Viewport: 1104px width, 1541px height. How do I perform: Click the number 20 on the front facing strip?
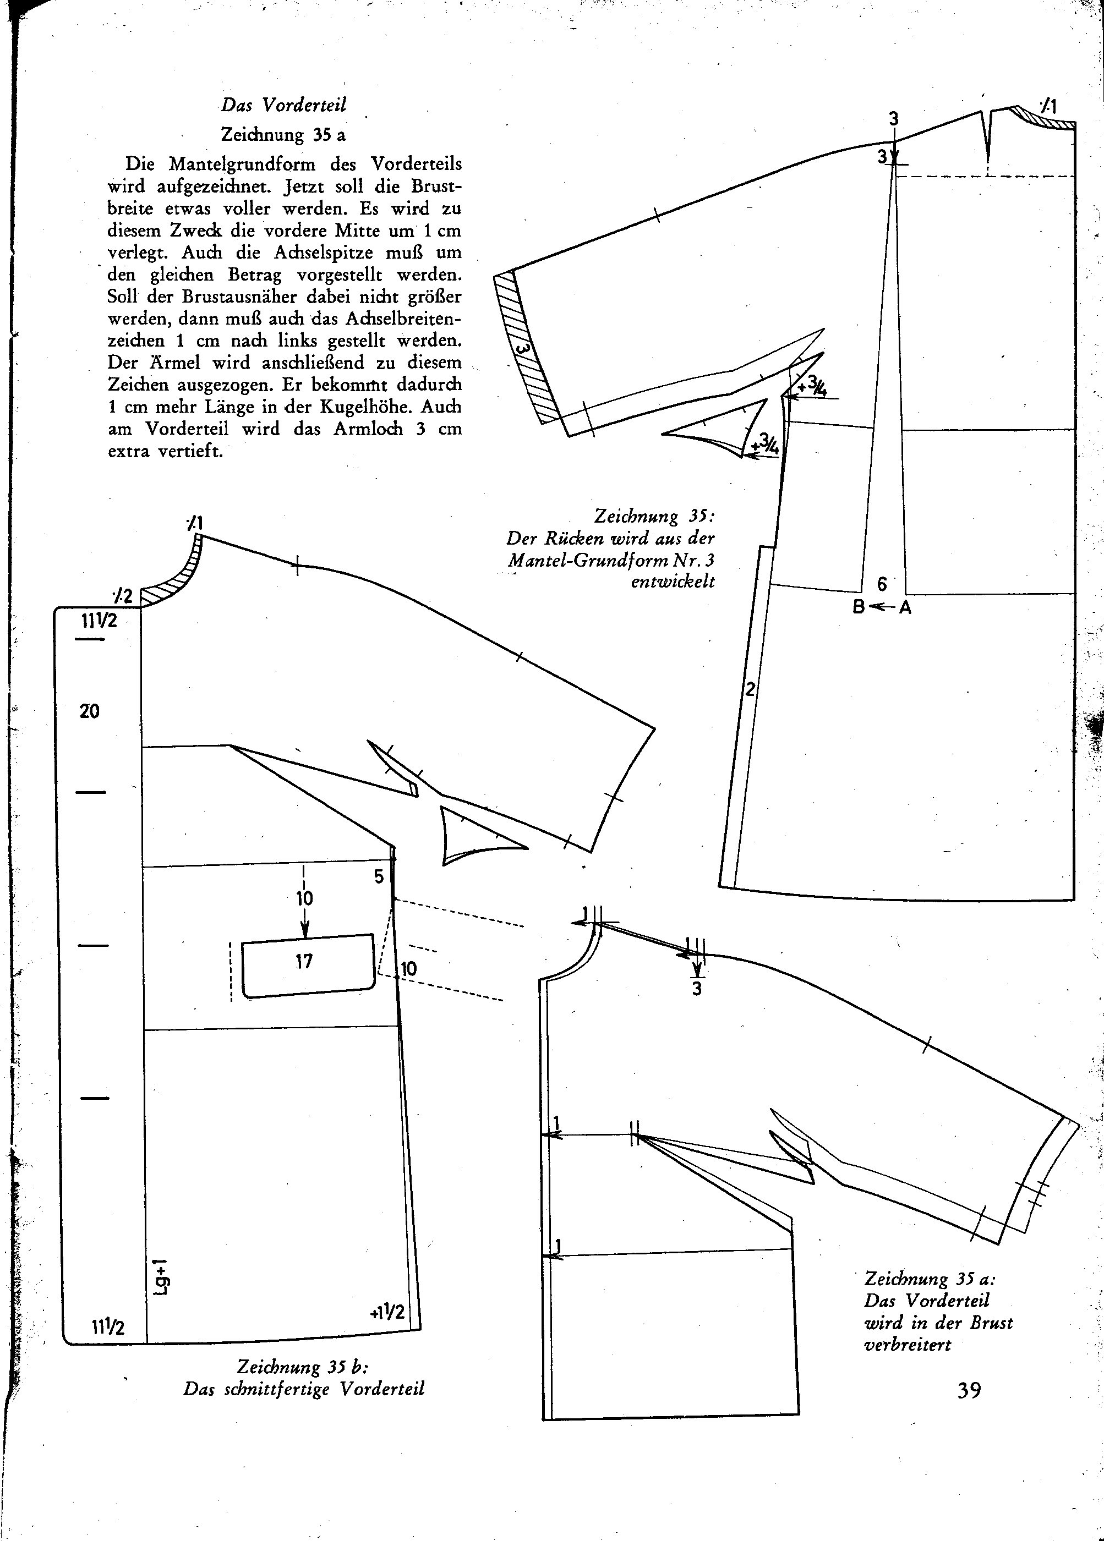click(89, 711)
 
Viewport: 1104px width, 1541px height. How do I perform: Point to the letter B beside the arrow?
click(859, 606)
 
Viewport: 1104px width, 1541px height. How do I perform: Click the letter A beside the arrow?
click(905, 607)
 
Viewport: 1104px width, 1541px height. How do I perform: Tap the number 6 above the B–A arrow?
click(882, 584)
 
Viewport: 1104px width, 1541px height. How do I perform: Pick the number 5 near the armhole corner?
click(379, 876)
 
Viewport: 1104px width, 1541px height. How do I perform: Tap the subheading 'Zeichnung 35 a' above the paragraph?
click(283, 135)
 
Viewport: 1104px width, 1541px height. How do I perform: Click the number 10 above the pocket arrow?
click(304, 898)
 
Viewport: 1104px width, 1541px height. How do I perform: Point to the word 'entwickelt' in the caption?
click(673, 582)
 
